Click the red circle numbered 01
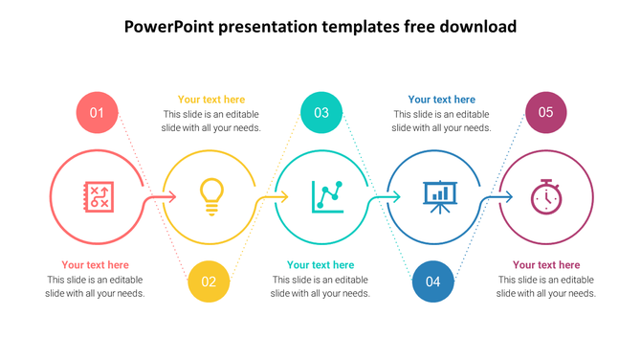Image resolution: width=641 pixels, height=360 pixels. pos(97,113)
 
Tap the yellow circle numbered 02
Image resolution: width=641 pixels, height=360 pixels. pos(209,281)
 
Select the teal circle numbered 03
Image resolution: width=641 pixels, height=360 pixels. pos(321,113)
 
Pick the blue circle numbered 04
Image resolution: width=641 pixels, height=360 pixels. pos(433,281)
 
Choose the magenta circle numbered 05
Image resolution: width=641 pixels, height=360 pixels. pos(545,113)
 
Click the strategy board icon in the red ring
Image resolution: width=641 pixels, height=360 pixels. pos(98,197)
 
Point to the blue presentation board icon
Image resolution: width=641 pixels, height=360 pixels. pos(439,196)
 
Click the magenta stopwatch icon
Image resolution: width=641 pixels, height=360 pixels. pos(546,196)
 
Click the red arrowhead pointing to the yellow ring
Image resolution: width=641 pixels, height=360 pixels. pos(172,197)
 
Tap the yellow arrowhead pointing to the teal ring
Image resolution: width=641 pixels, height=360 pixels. pos(284,197)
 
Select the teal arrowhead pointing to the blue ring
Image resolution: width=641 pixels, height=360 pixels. pos(397,197)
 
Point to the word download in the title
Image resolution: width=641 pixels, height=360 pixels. pos(478,27)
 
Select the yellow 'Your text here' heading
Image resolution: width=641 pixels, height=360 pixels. pos(211,100)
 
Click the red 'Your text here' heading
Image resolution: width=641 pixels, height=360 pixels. pos(96,265)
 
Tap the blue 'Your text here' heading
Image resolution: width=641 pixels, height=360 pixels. pos(441,100)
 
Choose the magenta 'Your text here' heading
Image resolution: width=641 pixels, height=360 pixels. pos(546,265)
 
